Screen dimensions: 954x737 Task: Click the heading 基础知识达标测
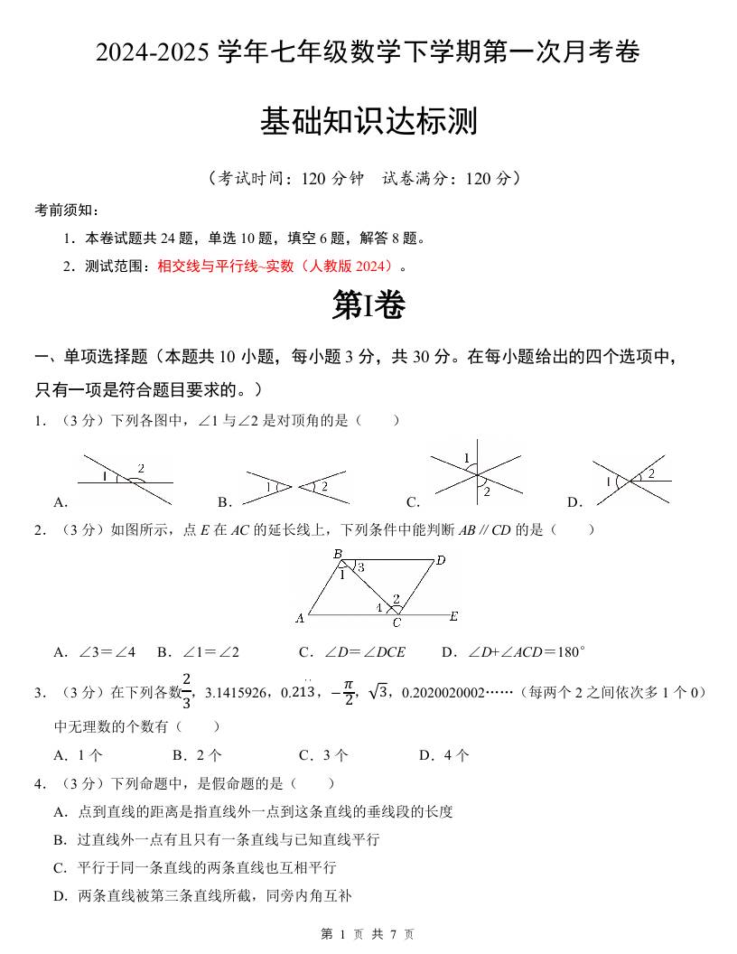click(368, 122)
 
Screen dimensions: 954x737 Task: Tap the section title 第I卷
click(368, 306)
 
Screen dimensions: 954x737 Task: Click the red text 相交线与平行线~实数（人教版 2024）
click(276, 267)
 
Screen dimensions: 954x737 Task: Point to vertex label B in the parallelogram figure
click(337, 554)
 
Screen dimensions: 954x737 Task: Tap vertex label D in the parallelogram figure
click(441, 561)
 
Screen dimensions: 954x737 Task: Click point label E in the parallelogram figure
click(453, 617)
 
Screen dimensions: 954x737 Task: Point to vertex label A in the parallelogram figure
click(300, 619)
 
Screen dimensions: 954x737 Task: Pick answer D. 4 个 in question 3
click(443, 755)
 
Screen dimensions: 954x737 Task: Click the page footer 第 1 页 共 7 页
click(368, 934)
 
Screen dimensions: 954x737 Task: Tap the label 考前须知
click(66, 210)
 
